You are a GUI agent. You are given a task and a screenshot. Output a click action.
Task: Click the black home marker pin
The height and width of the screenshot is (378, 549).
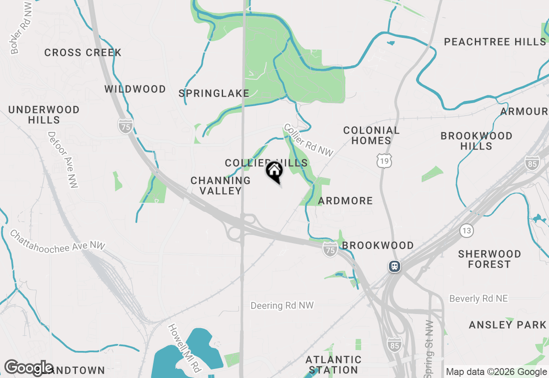(274, 171)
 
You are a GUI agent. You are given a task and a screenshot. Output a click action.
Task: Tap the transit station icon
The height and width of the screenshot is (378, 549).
(394, 266)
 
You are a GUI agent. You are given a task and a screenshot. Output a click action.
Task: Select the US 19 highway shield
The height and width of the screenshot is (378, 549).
(384, 161)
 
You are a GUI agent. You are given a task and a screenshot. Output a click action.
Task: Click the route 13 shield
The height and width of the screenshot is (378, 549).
(467, 230)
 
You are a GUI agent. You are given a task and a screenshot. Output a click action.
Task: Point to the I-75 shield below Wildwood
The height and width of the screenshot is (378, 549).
(126, 126)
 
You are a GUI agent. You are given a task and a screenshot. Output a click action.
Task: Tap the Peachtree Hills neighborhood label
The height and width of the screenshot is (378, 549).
(495, 42)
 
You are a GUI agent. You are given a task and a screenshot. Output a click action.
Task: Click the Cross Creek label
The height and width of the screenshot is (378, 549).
(83, 53)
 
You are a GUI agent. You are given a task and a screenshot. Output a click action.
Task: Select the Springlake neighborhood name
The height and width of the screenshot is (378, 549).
(214, 93)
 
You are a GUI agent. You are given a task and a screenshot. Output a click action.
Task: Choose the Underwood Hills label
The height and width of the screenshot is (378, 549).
(44, 115)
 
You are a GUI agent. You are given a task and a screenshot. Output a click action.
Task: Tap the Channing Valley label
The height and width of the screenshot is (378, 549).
(220, 186)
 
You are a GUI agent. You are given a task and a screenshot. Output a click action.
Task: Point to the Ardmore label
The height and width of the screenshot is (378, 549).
(345, 201)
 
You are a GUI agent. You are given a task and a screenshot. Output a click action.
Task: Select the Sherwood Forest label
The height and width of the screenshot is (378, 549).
(489, 259)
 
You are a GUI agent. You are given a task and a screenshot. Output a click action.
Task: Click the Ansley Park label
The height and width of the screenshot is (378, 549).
(507, 325)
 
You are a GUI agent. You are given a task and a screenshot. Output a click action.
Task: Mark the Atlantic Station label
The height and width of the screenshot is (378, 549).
(333, 364)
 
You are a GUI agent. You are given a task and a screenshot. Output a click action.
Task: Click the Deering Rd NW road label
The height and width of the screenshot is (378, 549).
(282, 305)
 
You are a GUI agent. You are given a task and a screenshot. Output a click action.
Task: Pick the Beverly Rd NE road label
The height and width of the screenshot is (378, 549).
(478, 298)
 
